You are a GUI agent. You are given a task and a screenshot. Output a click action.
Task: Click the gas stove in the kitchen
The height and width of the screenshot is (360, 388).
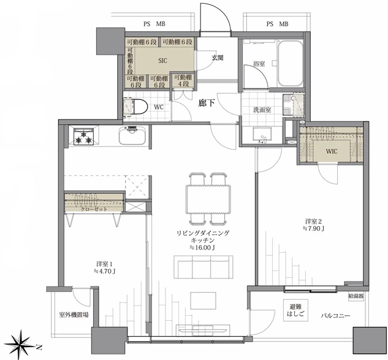pyautogui.click(x=84, y=136)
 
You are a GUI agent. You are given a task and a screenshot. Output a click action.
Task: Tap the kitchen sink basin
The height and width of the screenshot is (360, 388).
pyautogui.click(x=132, y=136)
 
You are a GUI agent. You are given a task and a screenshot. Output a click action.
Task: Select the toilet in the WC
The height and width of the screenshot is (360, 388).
pyautogui.click(x=135, y=107)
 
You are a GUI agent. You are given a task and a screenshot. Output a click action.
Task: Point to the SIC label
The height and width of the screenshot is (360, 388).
pyautogui.click(x=162, y=61)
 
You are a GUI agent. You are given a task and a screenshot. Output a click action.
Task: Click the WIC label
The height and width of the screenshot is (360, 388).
pyautogui.click(x=332, y=151)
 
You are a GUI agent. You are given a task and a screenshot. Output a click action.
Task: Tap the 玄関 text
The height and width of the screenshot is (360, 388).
pyautogui.click(x=218, y=58)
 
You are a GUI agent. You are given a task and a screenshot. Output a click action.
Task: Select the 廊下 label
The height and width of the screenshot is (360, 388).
pyautogui.click(x=207, y=103)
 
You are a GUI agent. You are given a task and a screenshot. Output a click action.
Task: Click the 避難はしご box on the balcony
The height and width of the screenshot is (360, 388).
pyautogui.click(x=295, y=310)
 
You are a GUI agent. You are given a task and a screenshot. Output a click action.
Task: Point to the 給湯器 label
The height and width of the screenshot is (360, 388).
pyautogui.click(x=356, y=296)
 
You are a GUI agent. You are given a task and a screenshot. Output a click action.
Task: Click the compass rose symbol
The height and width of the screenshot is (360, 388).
pyautogui.click(x=21, y=345)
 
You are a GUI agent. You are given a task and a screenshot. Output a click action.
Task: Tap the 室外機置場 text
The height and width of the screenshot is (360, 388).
pyautogui.click(x=74, y=315)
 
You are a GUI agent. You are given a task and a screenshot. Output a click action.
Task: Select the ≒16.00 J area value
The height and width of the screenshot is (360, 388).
pyautogui.click(x=202, y=247)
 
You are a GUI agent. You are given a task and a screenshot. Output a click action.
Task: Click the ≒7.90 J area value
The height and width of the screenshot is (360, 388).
pyautogui.click(x=313, y=229)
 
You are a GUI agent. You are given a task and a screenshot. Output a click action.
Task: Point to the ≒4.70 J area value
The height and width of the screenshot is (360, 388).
pyautogui.click(x=105, y=271)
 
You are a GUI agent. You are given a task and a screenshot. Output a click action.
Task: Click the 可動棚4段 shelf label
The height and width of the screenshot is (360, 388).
pyautogui.click(x=183, y=80)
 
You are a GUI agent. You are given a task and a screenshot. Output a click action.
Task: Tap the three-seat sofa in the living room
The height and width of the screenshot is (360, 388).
pyautogui.click(x=203, y=267)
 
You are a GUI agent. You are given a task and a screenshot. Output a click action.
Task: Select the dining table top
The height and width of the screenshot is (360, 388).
pyautogui.click(x=208, y=199)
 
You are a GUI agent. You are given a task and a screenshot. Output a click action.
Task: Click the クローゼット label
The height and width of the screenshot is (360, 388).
pyautogui.click(x=94, y=209)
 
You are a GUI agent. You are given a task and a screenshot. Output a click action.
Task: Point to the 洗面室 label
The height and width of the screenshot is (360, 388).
pyautogui.click(x=262, y=110)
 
